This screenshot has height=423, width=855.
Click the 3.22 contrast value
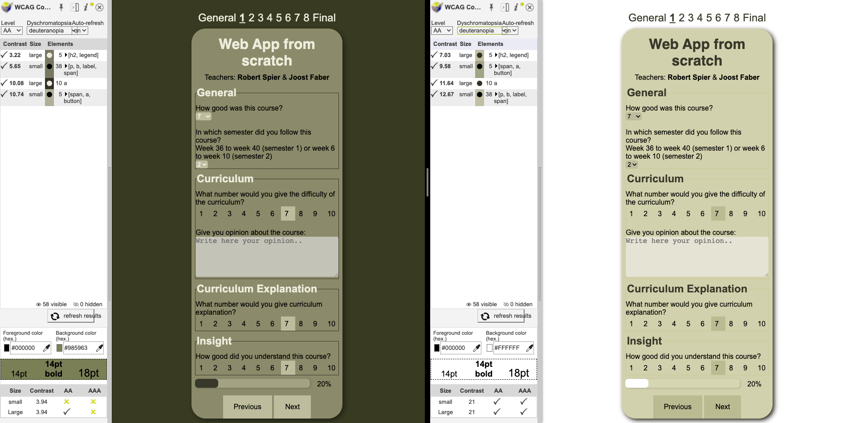click(x=15, y=55)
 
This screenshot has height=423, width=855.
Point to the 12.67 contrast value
click(x=447, y=94)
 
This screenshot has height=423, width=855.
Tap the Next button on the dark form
click(x=292, y=407)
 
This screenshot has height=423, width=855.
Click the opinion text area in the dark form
click(x=267, y=257)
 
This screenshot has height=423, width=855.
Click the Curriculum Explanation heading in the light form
click(x=687, y=289)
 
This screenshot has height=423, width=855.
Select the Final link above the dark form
click(x=324, y=18)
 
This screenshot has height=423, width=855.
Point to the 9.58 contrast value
click(x=445, y=66)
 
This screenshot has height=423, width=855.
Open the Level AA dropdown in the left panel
click(x=12, y=31)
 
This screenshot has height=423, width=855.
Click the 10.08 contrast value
click(x=16, y=83)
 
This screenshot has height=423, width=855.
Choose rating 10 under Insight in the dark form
click(x=331, y=368)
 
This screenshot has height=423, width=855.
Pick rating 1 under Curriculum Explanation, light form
click(x=631, y=324)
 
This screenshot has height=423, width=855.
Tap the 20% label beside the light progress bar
click(x=754, y=384)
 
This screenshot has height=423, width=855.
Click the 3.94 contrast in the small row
click(x=41, y=402)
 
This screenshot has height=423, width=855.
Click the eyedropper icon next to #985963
click(x=99, y=348)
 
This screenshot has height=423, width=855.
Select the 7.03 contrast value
click(x=445, y=55)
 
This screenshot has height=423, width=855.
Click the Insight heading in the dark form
click(x=214, y=341)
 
